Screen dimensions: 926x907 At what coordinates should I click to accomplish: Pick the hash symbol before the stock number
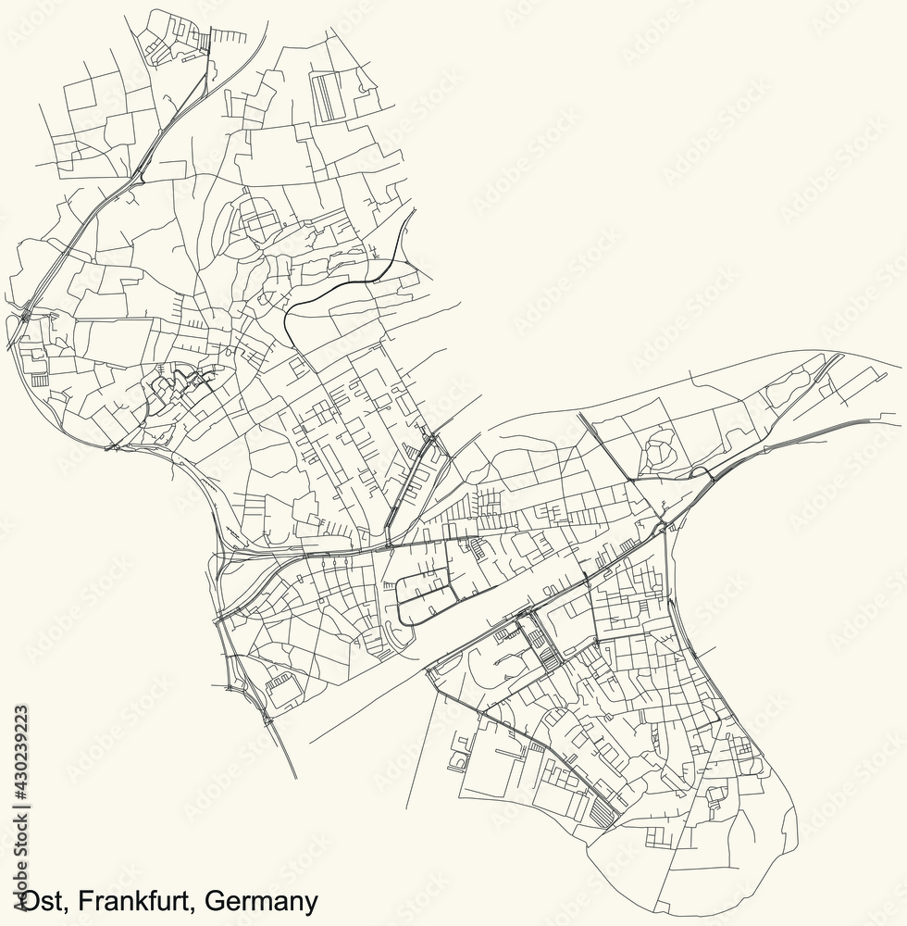[20, 784]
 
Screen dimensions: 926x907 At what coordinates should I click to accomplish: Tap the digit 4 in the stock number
[20, 774]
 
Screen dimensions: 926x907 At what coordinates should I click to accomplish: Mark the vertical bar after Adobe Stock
[20, 795]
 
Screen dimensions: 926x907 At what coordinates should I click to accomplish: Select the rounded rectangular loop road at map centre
[426, 593]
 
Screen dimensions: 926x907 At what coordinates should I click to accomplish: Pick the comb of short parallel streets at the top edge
[230, 39]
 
